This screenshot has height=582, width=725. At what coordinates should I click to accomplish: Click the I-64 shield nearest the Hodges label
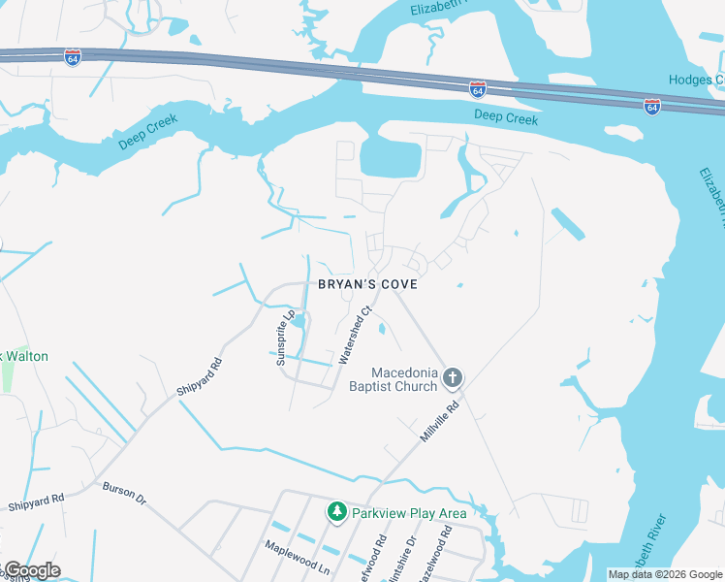click(x=652, y=104)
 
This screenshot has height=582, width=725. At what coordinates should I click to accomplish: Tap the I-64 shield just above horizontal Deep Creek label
click(x=477, y=89)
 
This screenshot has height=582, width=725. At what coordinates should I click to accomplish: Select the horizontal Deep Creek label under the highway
click(x=506, y=118)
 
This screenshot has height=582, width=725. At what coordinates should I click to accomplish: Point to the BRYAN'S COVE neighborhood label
click(x=367, y=284)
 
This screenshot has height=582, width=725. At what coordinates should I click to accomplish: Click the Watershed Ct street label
click(x=354, y=337)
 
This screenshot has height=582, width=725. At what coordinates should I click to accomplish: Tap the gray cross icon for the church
click(x=452, y=376)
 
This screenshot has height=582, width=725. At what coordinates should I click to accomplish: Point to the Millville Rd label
click(x=438, y=423)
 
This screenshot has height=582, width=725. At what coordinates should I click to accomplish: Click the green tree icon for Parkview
click(x=336, y=511)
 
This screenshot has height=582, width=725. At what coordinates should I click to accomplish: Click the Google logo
click(x=31, y=570)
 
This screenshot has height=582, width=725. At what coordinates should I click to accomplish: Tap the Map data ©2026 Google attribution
click(x=665, y=574)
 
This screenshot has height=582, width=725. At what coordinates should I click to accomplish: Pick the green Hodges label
click(x=696, y=80)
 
